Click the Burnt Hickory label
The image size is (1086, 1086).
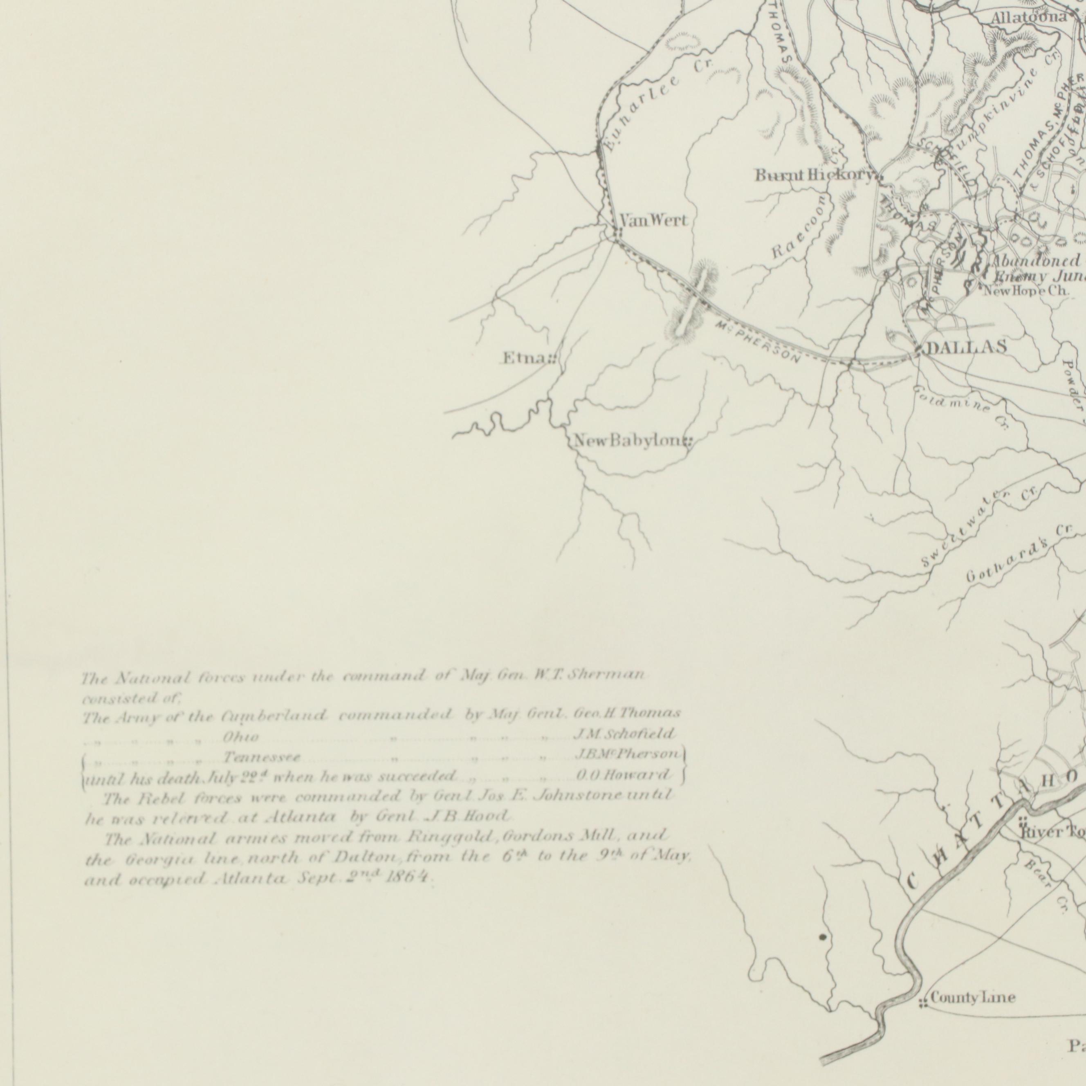(814, 176)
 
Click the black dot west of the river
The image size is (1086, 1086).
(823, 937)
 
